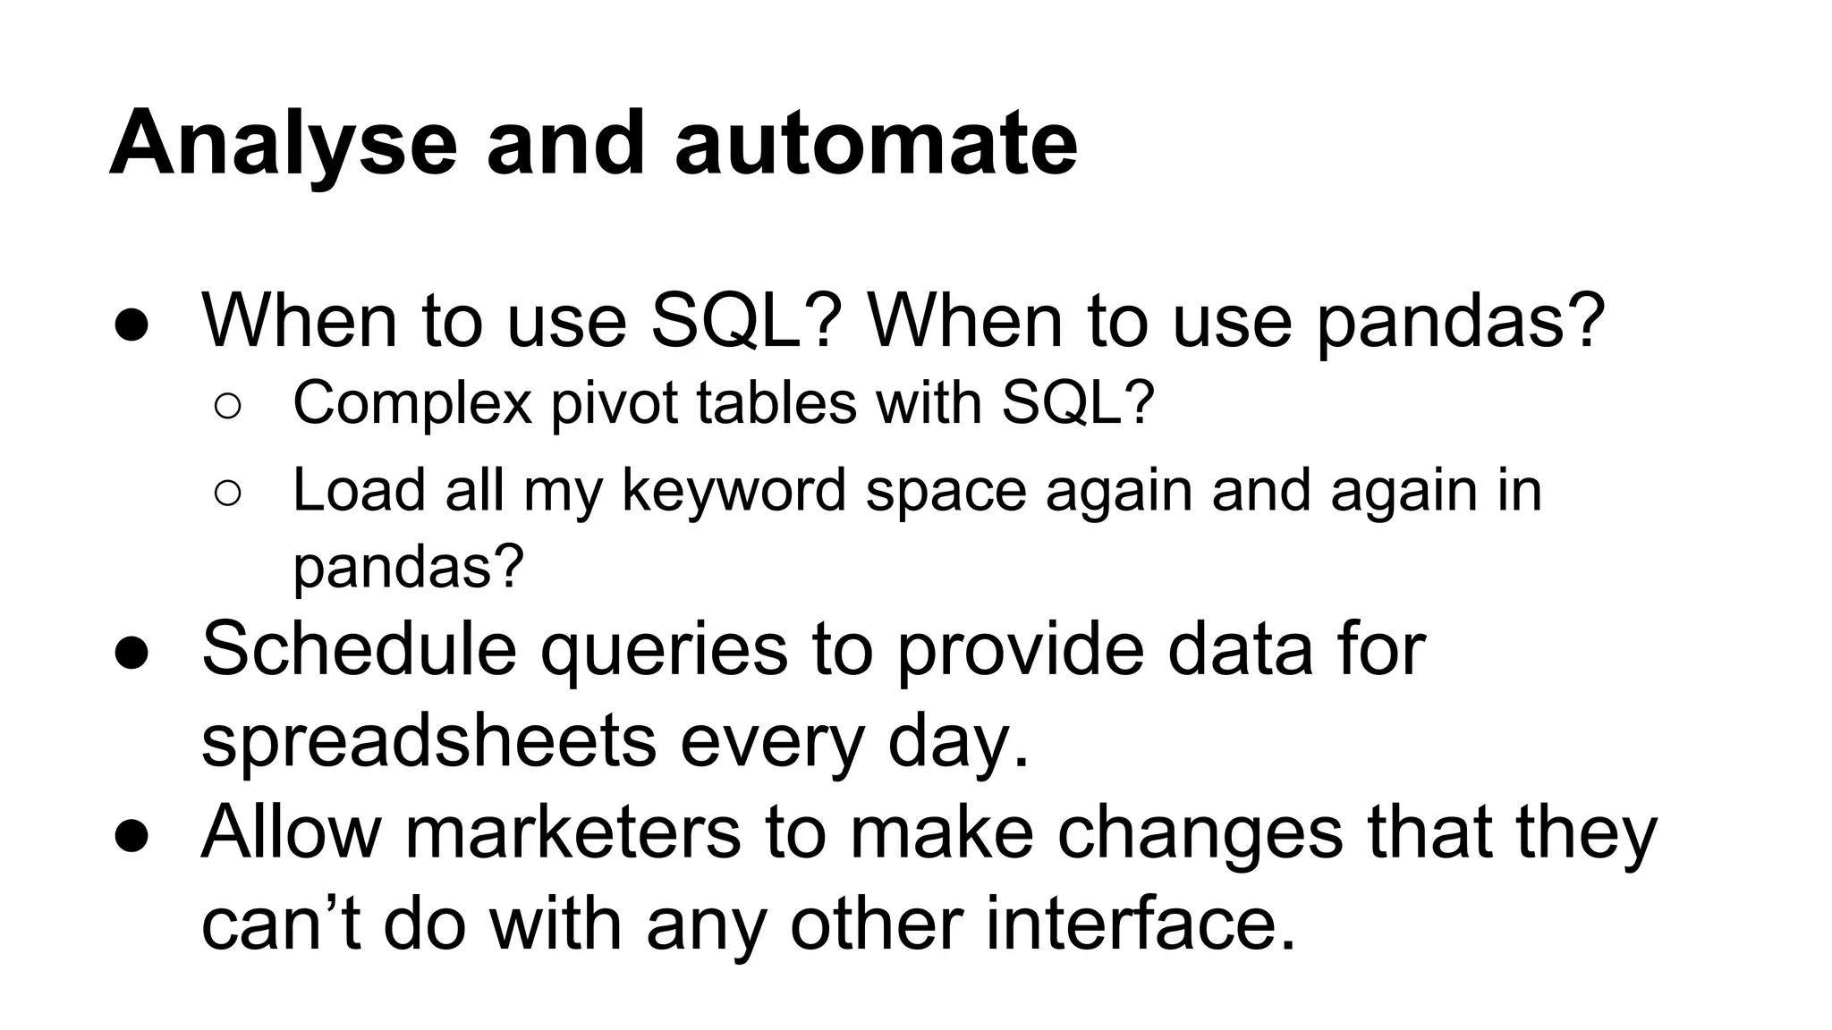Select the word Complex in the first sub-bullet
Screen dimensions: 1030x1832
tap(412, 403)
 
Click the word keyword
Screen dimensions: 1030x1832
tap(734, 491)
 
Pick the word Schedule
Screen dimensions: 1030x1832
tap(359, 649)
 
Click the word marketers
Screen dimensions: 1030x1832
tap(572, 832)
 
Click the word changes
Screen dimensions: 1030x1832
tap(1200, 834)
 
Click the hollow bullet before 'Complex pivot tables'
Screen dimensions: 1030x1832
tap(228, 407)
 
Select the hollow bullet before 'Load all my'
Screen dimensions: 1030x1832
tap(228, 494)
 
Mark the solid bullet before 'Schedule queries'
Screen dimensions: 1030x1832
tap(131, 653)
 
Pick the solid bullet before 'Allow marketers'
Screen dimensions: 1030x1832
tap(131, 836)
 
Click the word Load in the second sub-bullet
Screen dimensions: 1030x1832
tap(358, 491)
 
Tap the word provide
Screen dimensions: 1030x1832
tap(1020, 649)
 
